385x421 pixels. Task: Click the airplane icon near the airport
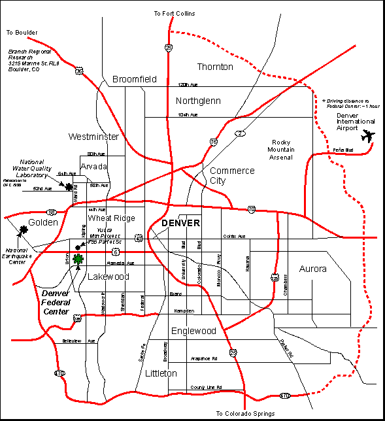click(369, 136)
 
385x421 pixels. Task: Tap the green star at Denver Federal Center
click(78, 260)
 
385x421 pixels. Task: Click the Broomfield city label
click(135, 79)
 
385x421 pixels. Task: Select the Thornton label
click(215, 67)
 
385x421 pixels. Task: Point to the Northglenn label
click(198, 101)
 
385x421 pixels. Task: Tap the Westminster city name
click(93, 137)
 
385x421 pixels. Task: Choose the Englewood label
click(193, 331)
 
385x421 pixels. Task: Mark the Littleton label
click(159, 373)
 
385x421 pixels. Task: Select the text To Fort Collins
click(174, 13)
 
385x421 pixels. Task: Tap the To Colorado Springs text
click(245, 414)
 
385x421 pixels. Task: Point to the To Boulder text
click(22, 31)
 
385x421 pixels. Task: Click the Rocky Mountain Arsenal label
click(283, 150)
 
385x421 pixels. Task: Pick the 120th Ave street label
click(187, 84)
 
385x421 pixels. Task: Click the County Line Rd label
click(207, 387)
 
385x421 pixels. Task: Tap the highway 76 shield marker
click(214, 141)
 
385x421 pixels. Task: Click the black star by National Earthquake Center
click(24, 229)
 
